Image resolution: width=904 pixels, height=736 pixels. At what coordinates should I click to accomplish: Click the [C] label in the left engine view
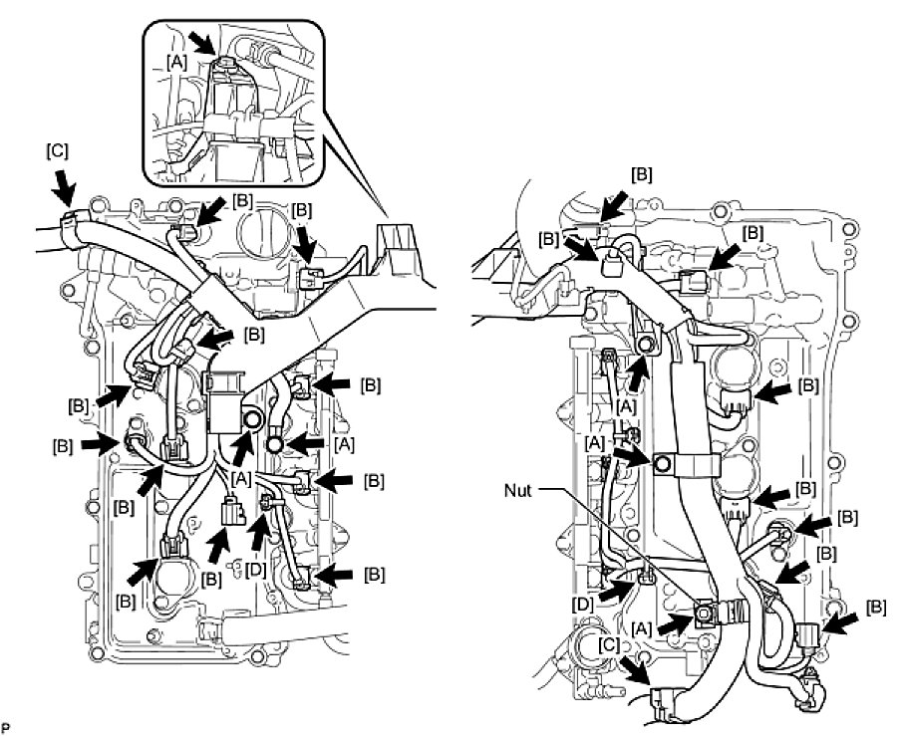click(x=58, y=151)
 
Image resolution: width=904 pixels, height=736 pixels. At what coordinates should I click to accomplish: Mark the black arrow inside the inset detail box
click(x=202, y=43)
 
